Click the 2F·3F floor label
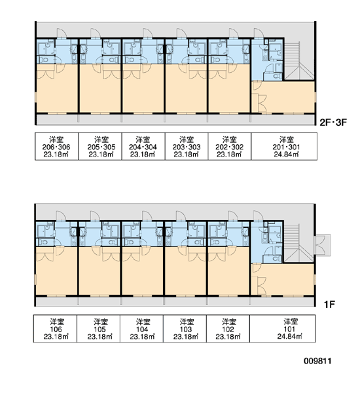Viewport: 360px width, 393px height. click(333, 122)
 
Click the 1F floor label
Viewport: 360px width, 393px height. click(329, 305)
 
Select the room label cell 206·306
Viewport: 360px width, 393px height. click(56, 146)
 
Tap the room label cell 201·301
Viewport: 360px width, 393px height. click(284, 146)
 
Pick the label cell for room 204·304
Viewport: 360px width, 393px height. click(143, 146)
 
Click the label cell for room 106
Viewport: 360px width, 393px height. click(55, 329)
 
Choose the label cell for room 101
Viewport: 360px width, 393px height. click(282, 329)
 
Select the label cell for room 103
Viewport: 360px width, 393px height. click(185, 329)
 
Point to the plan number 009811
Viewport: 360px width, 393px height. click(317, 361)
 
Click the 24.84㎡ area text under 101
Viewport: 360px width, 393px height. click(289, 337)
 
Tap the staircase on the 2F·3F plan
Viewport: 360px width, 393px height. click(299, 61)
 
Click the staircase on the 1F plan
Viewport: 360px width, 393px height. click(298, 243)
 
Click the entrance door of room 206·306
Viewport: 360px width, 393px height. click(61, 33)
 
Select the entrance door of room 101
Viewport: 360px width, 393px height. click(259, 216)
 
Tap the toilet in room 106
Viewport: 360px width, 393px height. click(44, 242)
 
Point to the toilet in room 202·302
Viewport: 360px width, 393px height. click(216, 60)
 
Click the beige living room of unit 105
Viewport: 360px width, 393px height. click(99, 271)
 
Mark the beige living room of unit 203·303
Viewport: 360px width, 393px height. click(186, 88)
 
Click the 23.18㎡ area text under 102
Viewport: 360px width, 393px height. click(228, 337)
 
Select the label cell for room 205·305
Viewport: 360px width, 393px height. click(100, 146)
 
